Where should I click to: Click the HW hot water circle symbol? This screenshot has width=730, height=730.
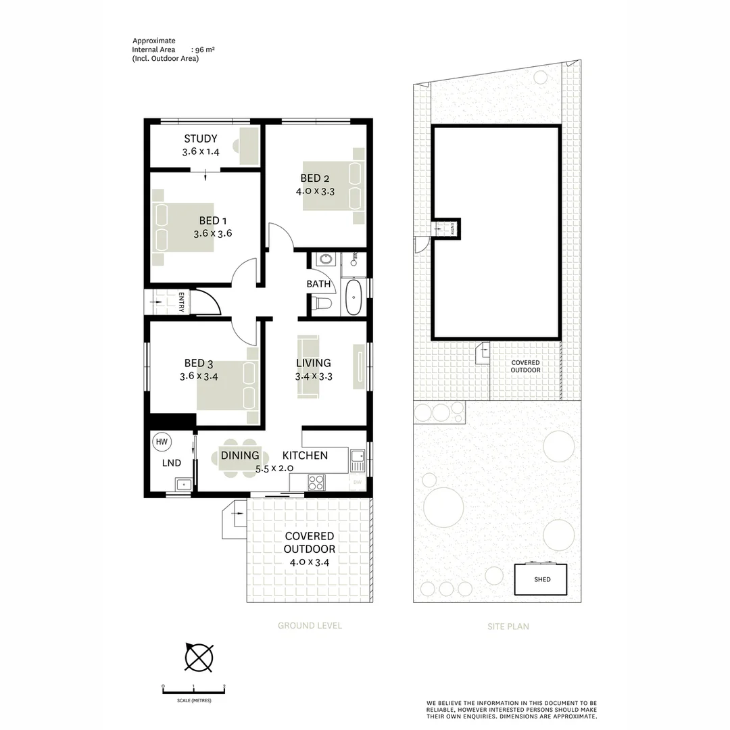[x=162, y=442]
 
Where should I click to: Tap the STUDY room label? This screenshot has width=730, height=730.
[x=201, y=139]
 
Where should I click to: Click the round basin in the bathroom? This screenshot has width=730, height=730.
[x=325, y=260]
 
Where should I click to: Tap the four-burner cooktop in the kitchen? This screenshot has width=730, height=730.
[x=316, y=482]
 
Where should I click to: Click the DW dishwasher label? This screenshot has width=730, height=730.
[x=356, y=483]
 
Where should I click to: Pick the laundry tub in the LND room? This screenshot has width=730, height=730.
[x=182, y=484]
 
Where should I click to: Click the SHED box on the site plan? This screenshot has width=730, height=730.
[x=541, y=579]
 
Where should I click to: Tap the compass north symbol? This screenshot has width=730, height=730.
[x=199, y=657]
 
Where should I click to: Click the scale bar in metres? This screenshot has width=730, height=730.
[x=193, y=689]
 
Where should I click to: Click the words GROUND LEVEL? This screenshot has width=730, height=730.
[x=310, y=626]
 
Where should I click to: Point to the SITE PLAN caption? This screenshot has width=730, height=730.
[x=508, y=627]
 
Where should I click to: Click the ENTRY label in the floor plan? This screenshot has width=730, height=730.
[x=181, y=302]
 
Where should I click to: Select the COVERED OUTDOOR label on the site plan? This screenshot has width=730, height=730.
[x=525, y=366]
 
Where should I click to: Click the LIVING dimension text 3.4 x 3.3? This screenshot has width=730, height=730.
[x=314, y=377]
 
